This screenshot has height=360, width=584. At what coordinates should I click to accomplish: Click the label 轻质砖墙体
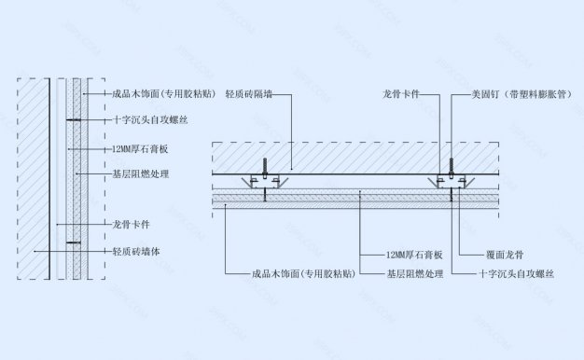click(135, 251)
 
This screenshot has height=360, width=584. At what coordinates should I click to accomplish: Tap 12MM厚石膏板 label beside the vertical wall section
click(140, 148)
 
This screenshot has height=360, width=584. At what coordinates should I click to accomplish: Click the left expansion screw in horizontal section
click(265, 168)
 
